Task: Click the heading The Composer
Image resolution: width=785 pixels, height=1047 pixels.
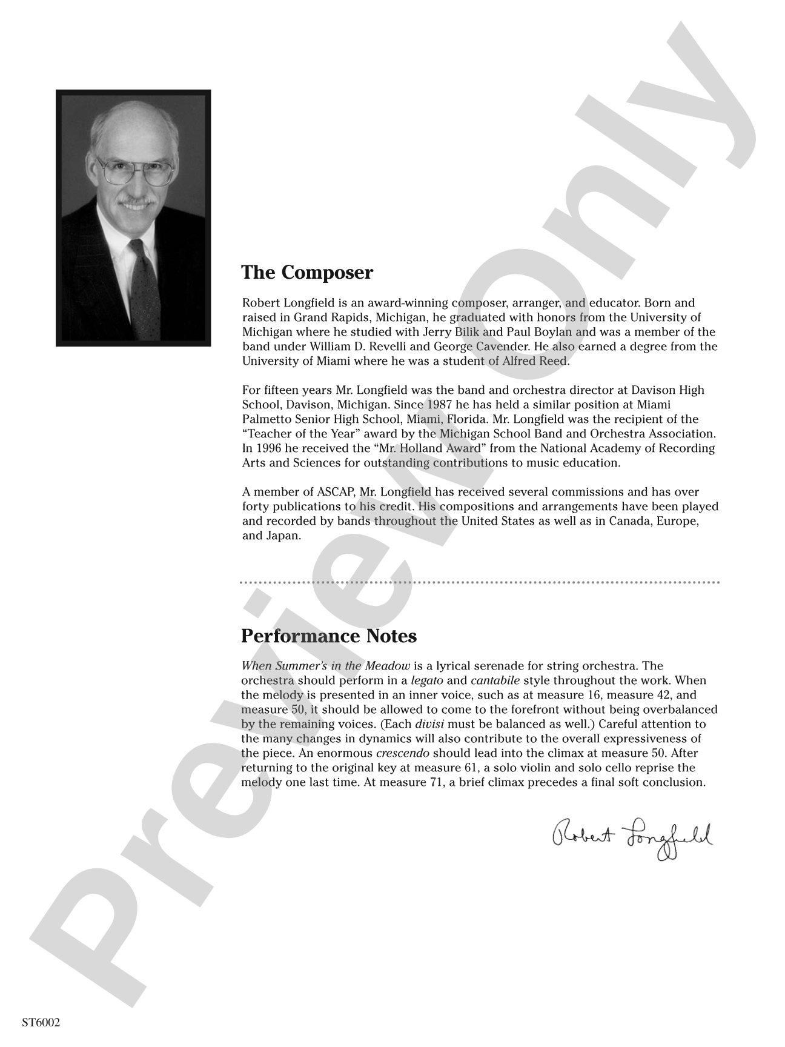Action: (307, 273)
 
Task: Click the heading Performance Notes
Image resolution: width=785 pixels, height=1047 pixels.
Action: (329, 636)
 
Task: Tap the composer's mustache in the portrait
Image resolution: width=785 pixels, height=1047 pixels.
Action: (134, 201)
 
